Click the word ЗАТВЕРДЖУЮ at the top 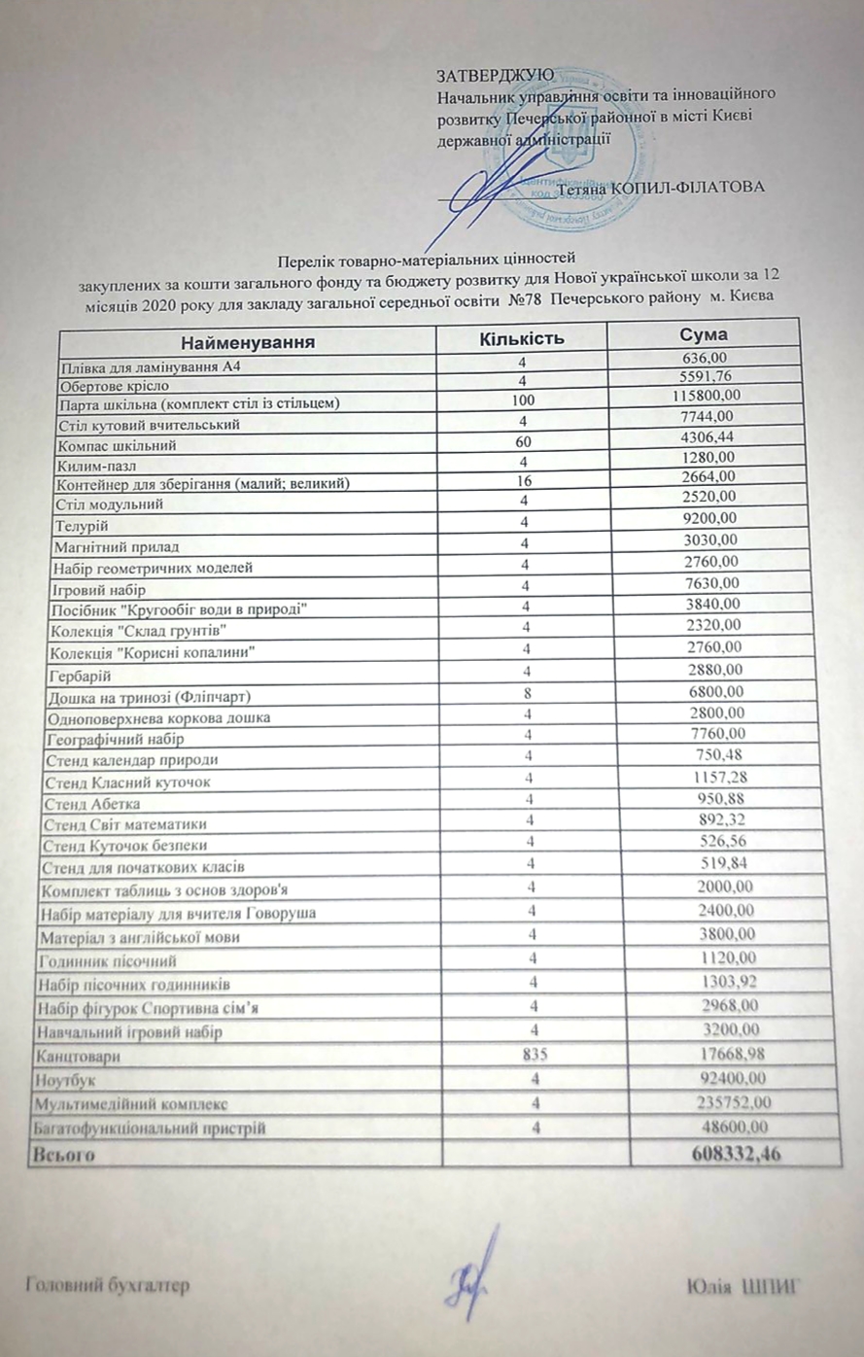point(495,75)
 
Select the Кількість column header point(522,338)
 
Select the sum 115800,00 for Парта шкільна point(707,395)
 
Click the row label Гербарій point(79,675)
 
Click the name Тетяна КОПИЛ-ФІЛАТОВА point(661,188)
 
